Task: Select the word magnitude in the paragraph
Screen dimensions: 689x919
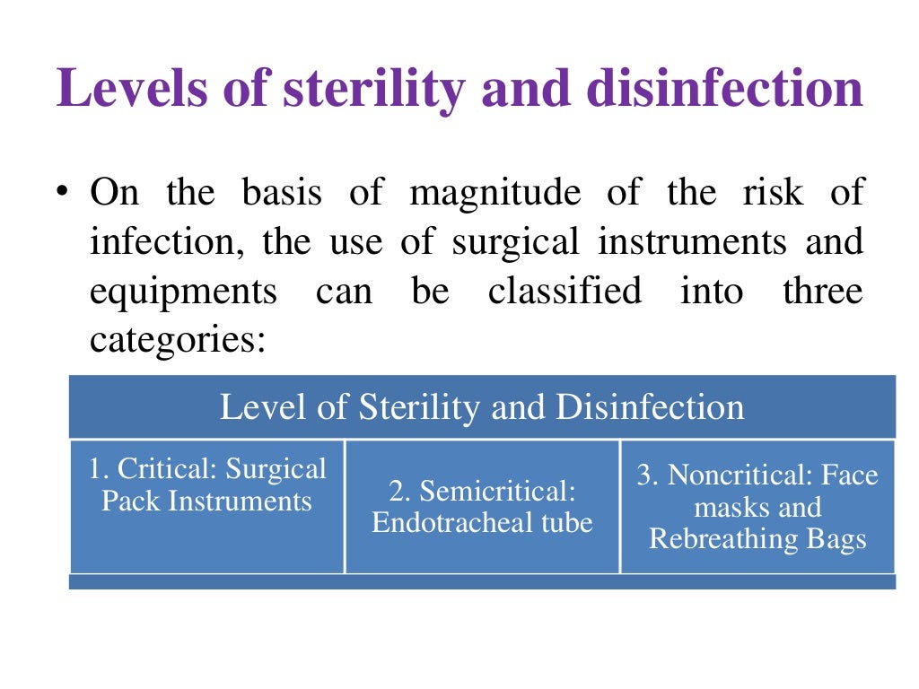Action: coord(495,193)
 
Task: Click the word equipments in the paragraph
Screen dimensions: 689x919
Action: coord(183,292)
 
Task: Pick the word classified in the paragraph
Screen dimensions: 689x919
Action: coord(565,291)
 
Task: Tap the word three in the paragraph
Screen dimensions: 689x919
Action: coord(823,291)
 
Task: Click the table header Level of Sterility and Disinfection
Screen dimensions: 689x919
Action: coord(482,407)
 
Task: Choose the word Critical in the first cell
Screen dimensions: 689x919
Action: coord(168,469)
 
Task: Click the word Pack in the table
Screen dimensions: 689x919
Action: coord(123,501)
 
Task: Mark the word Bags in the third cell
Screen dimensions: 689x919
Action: coord(836,539)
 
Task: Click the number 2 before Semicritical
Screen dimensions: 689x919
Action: coord(396,491)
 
